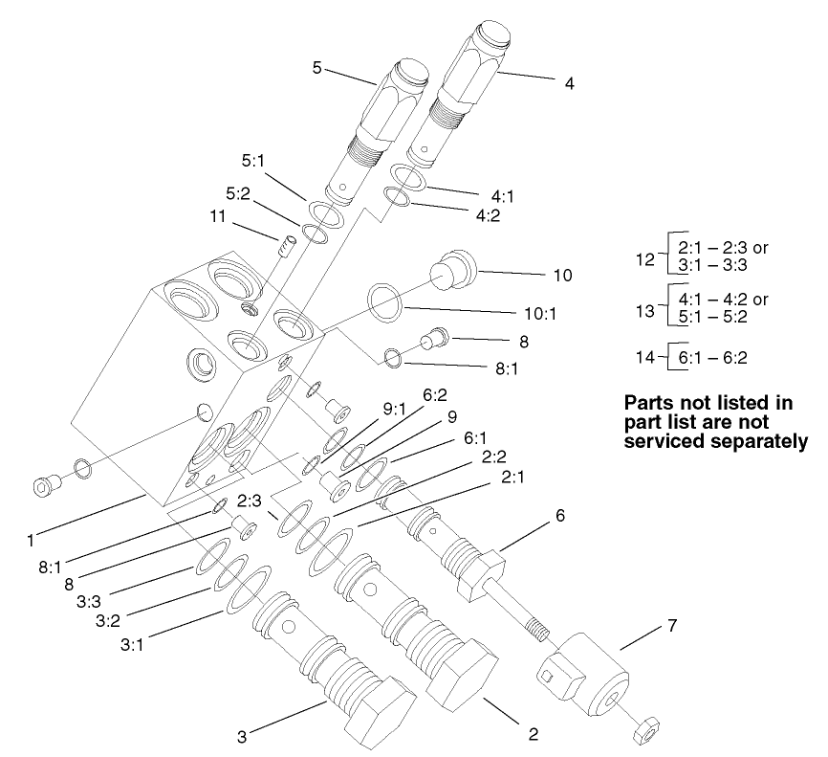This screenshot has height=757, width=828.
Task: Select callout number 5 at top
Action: [x=317, y=68]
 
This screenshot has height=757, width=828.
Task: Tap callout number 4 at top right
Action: [x=569, y=83]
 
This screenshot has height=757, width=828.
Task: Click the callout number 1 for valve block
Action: [x=31, y=540]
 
